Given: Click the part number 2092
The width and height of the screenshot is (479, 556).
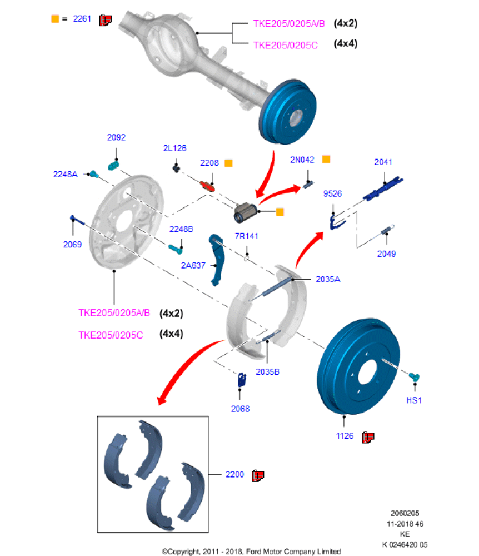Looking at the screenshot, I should coord(116,137).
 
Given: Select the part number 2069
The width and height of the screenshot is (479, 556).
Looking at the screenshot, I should coord(72,244).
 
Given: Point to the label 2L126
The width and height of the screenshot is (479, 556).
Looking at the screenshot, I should coord(174,148).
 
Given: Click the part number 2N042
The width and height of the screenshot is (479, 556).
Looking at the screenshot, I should coord(302,160).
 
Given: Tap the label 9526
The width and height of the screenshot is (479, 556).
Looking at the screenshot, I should coord(332,194).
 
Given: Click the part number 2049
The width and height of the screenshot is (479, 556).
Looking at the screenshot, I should coord(386,254).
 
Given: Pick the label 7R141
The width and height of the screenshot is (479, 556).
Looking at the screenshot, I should coord(246,236).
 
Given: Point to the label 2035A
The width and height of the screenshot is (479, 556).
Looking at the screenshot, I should coord(328,280).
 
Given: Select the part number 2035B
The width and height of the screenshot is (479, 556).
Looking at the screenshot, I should coord(267,371).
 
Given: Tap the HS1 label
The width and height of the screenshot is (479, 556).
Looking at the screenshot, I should coord(413,400).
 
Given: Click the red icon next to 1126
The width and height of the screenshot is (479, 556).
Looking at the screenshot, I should coord(367,438).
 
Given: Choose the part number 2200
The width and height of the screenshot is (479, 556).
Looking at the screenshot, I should coord(234,475).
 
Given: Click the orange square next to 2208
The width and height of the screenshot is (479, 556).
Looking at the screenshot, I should coord(228,163).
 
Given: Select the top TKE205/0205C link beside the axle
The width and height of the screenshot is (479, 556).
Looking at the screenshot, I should coord(285,45).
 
